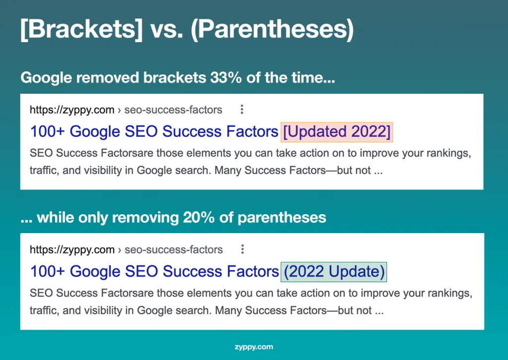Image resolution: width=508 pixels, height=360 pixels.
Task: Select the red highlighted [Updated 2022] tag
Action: (x=337, y=131)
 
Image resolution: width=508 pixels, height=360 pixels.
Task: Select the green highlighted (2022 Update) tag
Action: (x=334, y=272)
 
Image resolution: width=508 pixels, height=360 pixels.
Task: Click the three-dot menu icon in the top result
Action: (x=242, y=110)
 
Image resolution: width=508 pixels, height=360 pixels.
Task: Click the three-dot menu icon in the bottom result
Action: (x=242, y=249)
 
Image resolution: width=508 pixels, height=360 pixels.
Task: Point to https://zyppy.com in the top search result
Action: (x=72, y=110)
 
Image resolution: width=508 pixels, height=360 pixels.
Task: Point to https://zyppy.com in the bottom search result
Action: (x=72, y=249)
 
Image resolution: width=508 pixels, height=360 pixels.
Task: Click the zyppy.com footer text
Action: (x=254, y=347)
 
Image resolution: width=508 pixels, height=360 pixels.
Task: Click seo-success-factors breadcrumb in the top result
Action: (x=173, y=110)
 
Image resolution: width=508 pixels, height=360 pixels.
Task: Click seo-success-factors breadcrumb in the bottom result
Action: (x=174, y=249)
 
